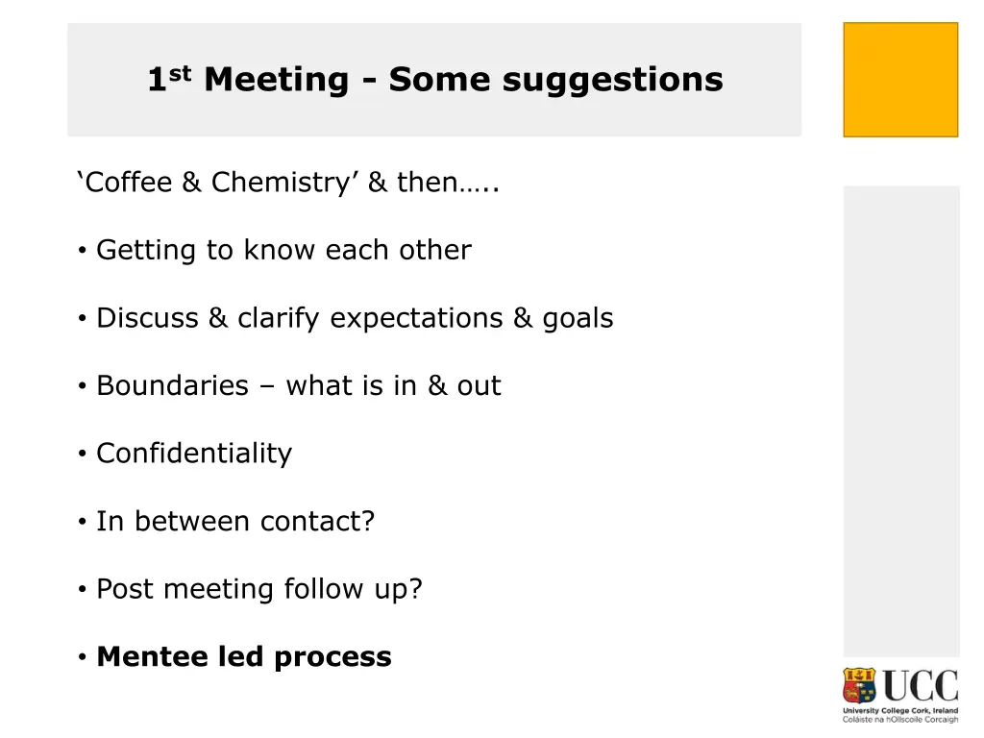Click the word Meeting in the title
tap(276, 79)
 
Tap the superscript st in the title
tap(183, 70)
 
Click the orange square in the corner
tap(900, 80)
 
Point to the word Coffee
tap(128, 182)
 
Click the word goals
tap(577, 319)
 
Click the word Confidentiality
tap(194, 454)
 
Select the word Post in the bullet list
tap(125, 588)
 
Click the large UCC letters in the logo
tap(921, 686)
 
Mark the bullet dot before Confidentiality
tap(84, 454)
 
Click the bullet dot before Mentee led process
tap(84, 657)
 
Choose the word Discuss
tap(148, 318)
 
